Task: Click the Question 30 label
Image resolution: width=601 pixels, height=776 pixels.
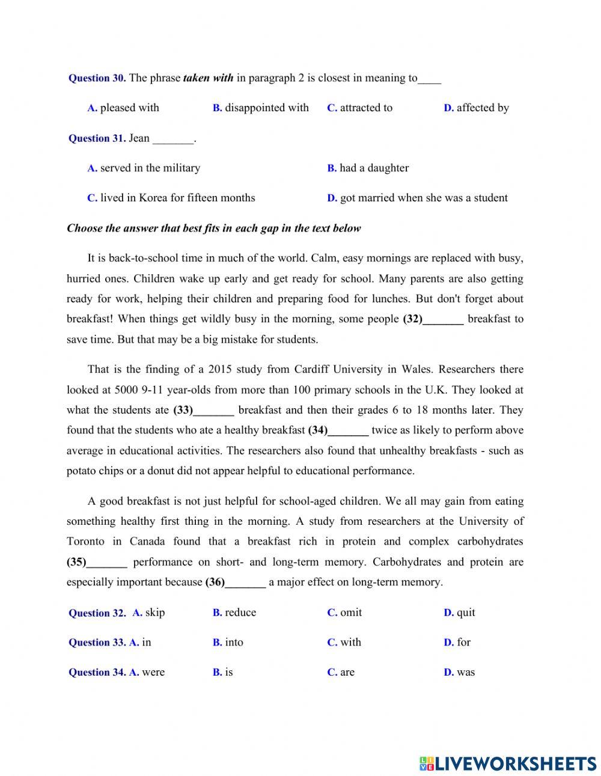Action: coord(97,78)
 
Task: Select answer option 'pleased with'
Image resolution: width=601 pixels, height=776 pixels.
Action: coord(129,108)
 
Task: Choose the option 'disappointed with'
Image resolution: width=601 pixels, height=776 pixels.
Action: coord(266,108)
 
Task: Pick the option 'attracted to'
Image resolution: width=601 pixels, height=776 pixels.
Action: coord(365,108)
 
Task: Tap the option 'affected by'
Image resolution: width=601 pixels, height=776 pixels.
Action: coord(482,108)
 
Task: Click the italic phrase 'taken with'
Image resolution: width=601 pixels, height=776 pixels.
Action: coord(208,78)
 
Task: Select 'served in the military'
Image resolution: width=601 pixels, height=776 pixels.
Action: coord(150,168)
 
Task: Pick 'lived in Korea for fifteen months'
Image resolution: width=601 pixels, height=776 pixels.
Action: coord(177,198)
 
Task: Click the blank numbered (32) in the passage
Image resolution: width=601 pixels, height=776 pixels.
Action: coord(443,320)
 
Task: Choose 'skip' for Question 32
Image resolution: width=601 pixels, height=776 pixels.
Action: coord(154,613)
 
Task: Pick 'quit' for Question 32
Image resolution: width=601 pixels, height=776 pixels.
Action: coord(465,613)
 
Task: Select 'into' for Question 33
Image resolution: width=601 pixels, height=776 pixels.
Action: coord(234,643)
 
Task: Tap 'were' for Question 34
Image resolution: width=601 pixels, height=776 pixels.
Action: coord(153,673)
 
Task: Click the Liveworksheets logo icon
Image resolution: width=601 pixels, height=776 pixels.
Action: coord(427,763)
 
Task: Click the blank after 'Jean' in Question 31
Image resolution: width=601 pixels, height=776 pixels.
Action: coord(173,139)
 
